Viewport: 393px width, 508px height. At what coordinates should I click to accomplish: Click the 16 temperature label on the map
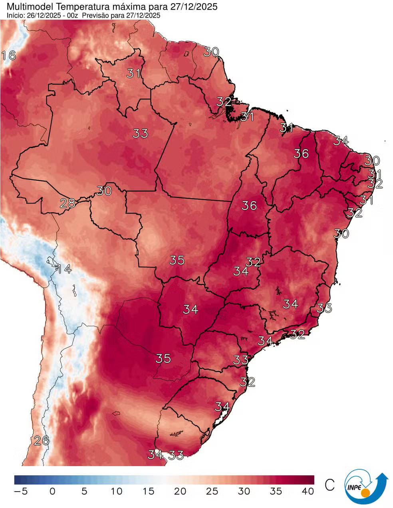[9, 55]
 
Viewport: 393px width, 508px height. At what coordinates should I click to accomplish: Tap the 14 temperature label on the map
[64, 269]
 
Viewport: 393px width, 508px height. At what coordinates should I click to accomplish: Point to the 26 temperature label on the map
[41, 441]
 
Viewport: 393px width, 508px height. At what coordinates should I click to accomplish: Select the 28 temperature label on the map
[67, 204]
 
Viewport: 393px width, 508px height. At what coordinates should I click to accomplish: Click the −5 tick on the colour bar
[20, 491]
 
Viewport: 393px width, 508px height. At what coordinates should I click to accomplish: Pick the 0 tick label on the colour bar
[52, 491]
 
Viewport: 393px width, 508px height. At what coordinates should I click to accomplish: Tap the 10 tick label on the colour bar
[116, 491]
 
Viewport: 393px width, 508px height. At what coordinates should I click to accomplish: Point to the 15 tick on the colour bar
[148, 491]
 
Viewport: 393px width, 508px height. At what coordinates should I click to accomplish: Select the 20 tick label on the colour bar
[180, 491]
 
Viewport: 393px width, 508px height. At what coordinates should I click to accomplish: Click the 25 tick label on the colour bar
[212, 491]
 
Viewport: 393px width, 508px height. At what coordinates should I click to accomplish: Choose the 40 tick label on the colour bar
[308, 491]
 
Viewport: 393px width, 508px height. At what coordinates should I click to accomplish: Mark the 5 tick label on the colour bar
[84, 491]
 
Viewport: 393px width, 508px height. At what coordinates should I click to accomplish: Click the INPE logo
[365, 486]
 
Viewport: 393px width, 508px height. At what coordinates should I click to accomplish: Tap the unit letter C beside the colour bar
[329, 485]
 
